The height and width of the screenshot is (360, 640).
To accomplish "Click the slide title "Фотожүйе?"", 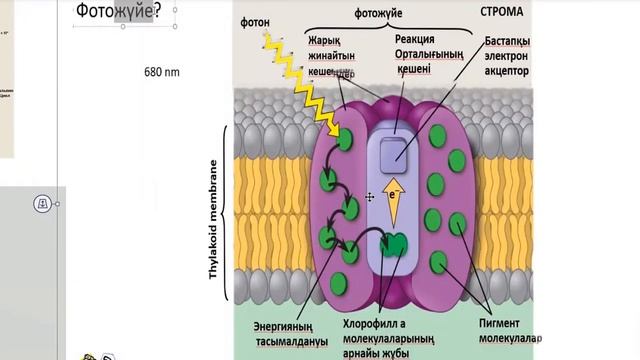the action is [x=119, y=12].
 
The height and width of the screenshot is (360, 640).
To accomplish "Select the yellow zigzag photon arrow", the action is [x=299, y=85].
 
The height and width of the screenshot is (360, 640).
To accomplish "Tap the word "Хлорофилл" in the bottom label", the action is [x=378, y=322].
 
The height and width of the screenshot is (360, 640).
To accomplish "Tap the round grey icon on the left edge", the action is [x=41, y=203].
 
